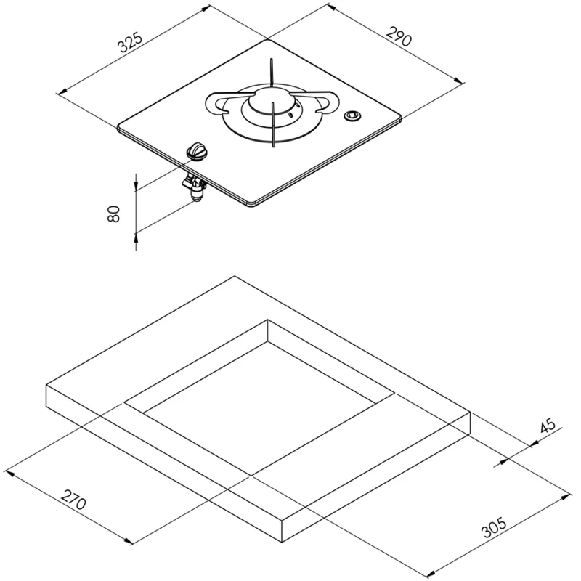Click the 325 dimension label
(x=130, y=43)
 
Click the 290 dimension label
(x=399, y=36)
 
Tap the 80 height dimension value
(x=114, y=214)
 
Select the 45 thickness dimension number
(x=548, y=426)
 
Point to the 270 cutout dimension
(x=74, y=499)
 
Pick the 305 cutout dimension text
(x=494, y=527)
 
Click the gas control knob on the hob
(x=198, y=151)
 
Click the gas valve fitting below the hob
(x=195, y=188)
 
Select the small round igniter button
(x=352, y=116)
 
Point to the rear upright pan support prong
(x=272, y=73)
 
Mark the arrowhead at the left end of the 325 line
(x=63, y=90)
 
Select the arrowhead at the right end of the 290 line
(x=458, y=80)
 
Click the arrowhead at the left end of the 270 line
(x=9, y=474)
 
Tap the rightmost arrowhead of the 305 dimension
(x=566, y=497)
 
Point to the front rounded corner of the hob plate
(x=251, y=205)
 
